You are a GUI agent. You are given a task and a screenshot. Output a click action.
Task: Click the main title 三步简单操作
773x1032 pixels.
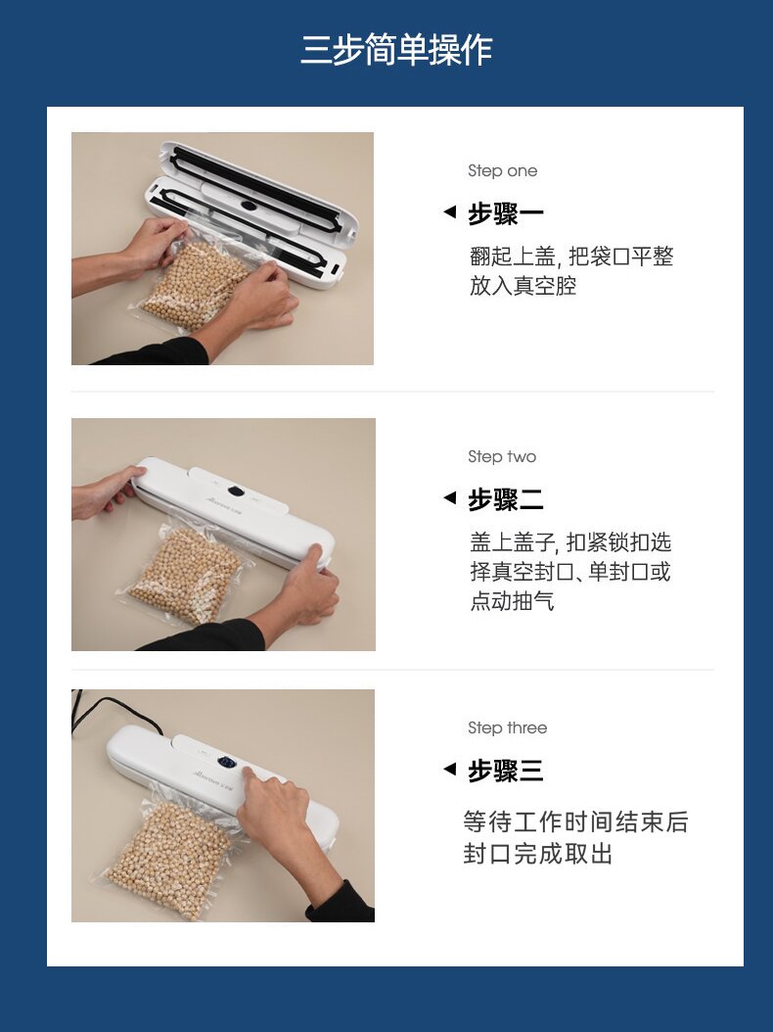tap(396, 49)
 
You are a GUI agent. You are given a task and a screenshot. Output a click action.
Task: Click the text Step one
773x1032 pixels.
tap(503, 171)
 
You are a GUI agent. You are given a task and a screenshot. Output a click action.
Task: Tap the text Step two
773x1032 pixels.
tap(502, 456)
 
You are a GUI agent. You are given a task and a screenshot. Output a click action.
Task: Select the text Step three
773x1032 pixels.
tap(507, 727)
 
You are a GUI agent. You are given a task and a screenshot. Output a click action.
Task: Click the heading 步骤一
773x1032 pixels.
tap(505, 213)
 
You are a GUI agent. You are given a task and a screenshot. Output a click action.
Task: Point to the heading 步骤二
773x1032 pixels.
tap(505, 499)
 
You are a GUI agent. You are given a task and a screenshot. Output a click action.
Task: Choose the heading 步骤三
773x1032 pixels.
tap(505, 771)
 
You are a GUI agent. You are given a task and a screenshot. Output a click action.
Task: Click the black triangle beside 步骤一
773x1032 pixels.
tap(450, 211)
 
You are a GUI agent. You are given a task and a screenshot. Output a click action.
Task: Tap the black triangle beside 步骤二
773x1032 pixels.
tap(450, 497)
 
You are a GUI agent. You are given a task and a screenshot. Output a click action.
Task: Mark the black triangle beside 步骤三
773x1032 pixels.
tap(450, 768)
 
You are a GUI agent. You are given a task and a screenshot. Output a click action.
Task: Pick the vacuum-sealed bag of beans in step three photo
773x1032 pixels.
tap(167, 856)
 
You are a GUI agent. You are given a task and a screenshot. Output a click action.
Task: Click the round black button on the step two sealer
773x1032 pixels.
tap(237, 491)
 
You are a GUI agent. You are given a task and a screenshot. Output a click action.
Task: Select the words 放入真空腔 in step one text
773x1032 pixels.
tap(523, 286)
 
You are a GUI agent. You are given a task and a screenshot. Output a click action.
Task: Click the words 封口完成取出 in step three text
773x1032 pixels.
tap(537, 854)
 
